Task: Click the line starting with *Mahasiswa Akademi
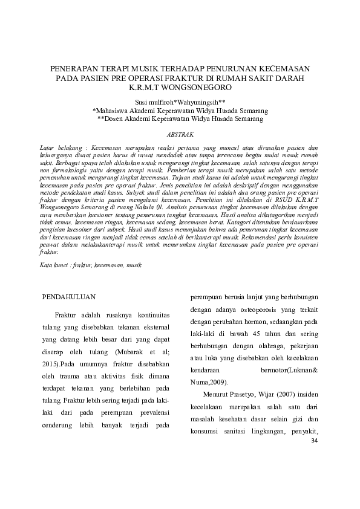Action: [x=180, y=111]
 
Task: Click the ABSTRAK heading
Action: [x=180, y=135]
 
